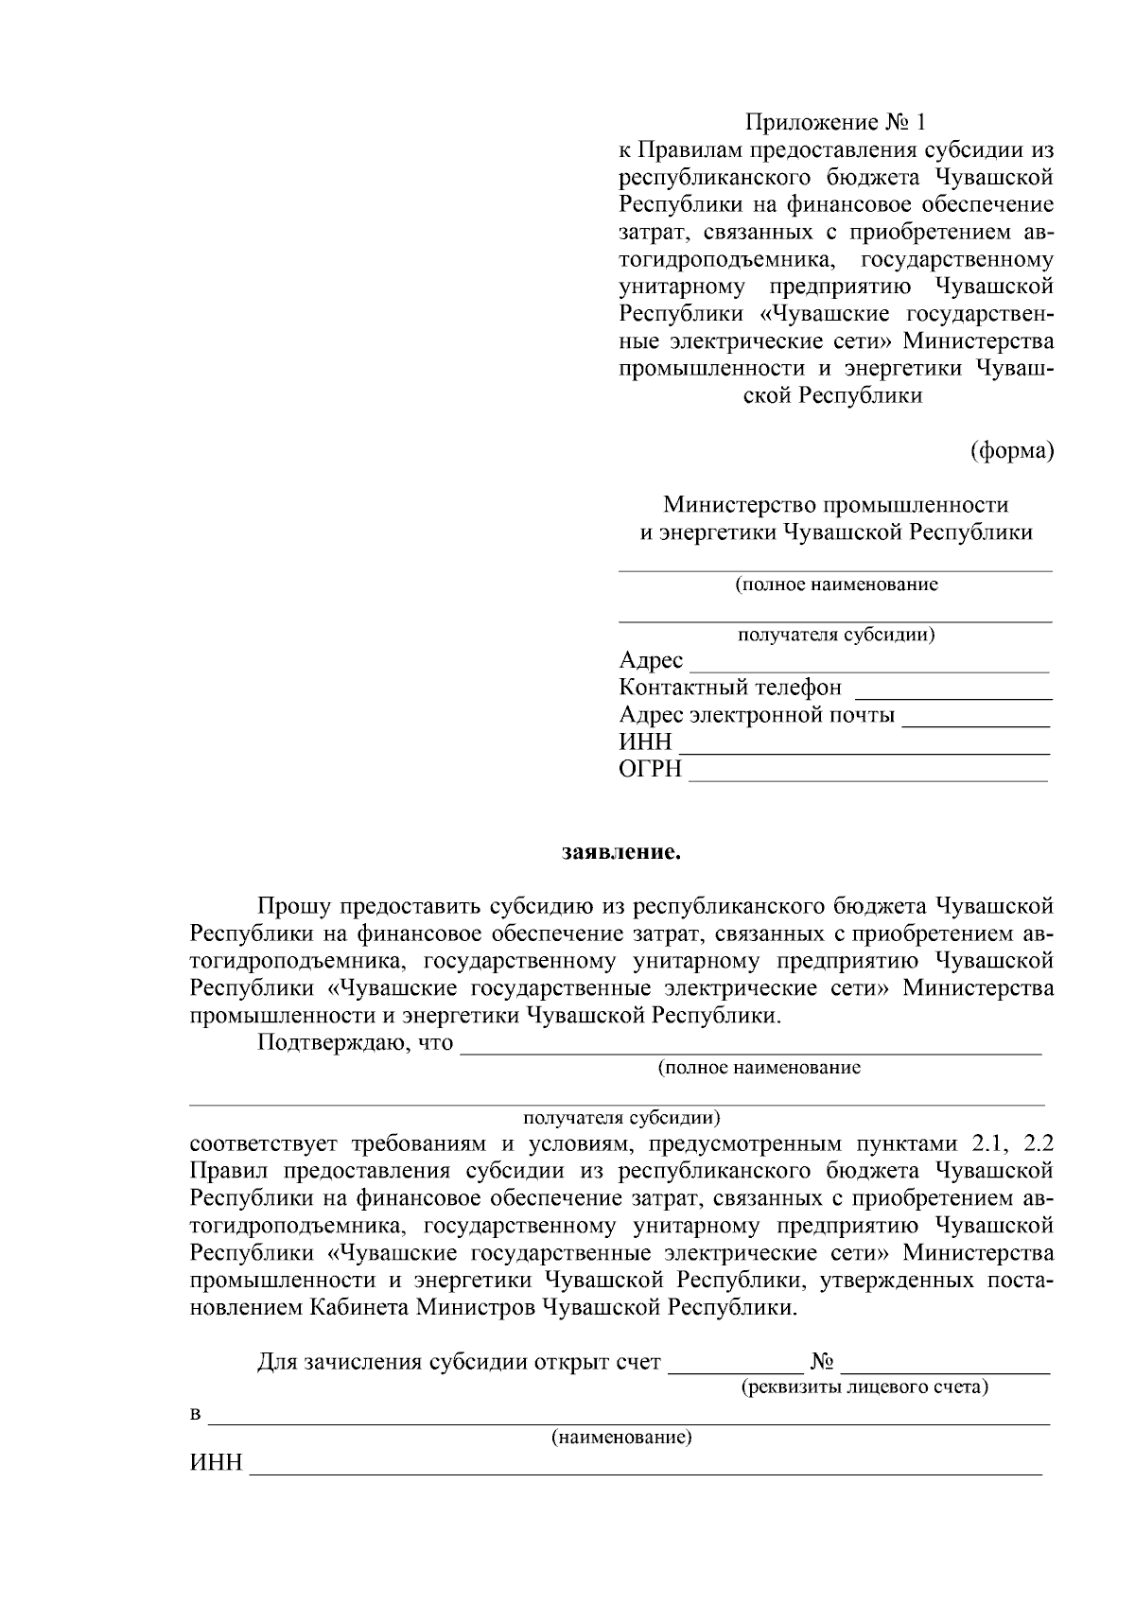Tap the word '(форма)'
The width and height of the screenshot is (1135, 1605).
pyautogui.click(x=1012, y=451)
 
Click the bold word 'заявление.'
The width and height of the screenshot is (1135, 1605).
pyautogui.click(x=621, y=853)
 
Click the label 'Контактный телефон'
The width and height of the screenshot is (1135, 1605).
pyautogui.click(x=729, y=688)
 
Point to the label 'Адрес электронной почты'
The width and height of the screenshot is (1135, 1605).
pyautogui.click(x=757, y=715)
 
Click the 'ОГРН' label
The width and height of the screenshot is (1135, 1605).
pyautogui.click(x=650, y=770)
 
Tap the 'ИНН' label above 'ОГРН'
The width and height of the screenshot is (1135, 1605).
pyautogui.click(x=645, y=742)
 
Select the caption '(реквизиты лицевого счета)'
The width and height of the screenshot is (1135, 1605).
pyautogui.click(x=864, y=1387)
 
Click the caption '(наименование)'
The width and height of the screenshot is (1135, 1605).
pyautogui.click(x=621, y=1439)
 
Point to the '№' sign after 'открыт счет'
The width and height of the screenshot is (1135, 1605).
pyautogui.click(x=821, y=1362)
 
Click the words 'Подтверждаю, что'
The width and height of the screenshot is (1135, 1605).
pyautogui.click(x=355, y=1044)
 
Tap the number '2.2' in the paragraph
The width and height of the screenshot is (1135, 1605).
pyautogui.click(x=1038, y=1143)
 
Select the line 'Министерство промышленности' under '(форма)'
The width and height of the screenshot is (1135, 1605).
pyautogui.click(x=835, y=505)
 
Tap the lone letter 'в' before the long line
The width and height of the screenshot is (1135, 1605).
pyautogui.click(x=196, y=1416)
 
